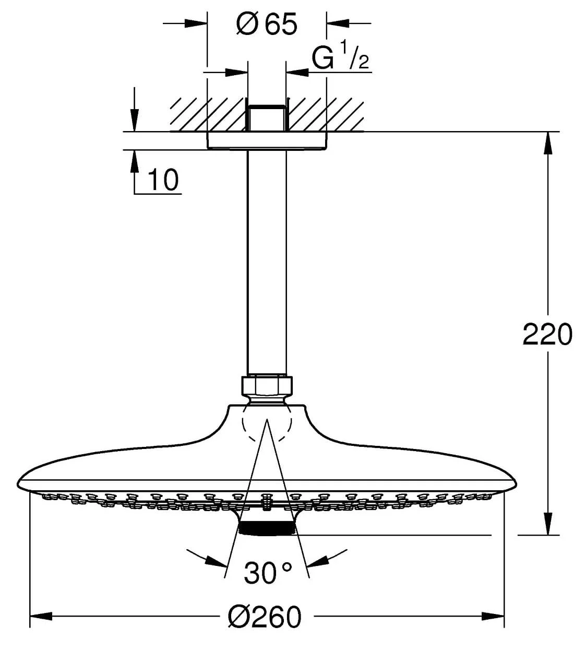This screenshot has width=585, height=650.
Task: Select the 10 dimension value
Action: (163, 180)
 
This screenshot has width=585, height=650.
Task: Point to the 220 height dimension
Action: (547, 334)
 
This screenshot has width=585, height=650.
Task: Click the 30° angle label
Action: (268, 573)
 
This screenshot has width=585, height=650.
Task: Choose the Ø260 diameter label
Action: (264, 617)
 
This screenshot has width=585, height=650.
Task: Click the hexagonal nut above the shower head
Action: (267, 386)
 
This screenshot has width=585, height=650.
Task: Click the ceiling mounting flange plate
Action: (267, 140)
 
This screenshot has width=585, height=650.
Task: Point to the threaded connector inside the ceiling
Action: (266, 118)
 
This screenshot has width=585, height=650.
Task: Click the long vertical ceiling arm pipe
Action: (267, 263)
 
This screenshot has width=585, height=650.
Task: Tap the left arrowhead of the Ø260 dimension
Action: (41, 616)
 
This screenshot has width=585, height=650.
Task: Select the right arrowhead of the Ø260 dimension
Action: (493, 616)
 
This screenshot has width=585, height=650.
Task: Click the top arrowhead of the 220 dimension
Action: (547, 143)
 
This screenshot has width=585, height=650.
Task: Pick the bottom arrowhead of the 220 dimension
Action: (547, 524)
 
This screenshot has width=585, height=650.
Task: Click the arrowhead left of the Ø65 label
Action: (196, 23)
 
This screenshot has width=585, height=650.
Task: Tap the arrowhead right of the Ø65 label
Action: (338, 23)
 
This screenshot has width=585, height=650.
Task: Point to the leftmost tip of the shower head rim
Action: (17, 484)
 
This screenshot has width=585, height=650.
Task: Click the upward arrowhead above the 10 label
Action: (135, 161)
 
